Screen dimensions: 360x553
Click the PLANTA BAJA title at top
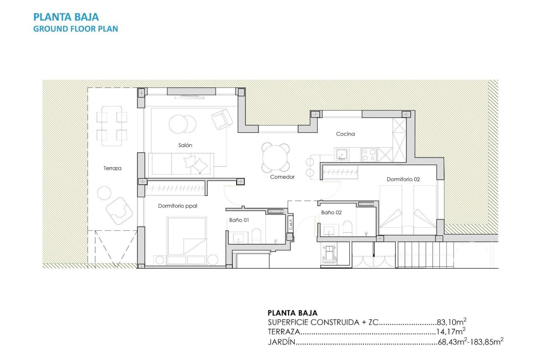[66, 17]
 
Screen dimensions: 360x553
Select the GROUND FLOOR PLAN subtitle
[75, 29]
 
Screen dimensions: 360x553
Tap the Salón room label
[185, 145]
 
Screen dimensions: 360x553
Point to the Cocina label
[345, 134]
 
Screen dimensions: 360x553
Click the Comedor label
[282, 177]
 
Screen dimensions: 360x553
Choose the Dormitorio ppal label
[177, 206]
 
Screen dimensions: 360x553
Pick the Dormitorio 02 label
[403, 180]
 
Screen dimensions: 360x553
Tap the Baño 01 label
[239, 220]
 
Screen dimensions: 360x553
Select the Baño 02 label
[331, 212]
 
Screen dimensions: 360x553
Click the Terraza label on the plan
[112, 168]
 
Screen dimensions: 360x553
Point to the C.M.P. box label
[291, 223]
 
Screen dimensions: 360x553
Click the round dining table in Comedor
[275, 157]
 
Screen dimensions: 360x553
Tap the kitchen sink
[342, 154]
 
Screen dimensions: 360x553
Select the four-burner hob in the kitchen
[369, 154]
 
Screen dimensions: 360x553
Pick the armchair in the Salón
[222, 119]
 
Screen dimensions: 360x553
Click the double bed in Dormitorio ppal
[186, 236]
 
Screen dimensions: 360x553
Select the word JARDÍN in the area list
[282, 342]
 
